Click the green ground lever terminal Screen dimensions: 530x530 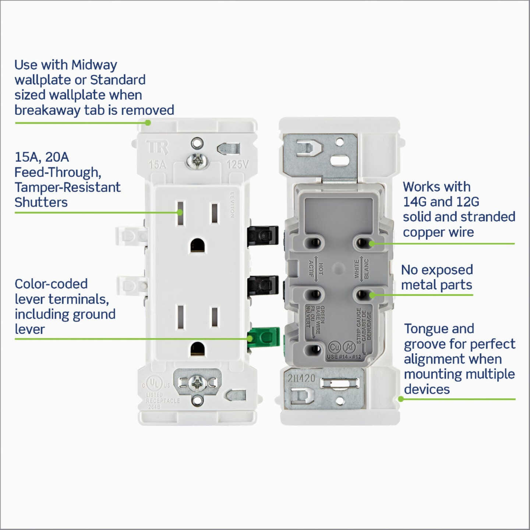(x=264, y=337)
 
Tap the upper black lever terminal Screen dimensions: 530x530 (x=263, y=236)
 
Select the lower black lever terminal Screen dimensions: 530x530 (x=263, y=286)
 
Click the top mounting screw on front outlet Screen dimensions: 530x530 (x=197, y=161)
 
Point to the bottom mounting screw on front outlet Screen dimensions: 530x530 (x=197, y=384)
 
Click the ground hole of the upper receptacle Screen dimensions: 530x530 (x=198, y=245)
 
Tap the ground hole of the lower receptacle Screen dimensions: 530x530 (x=198, y=349)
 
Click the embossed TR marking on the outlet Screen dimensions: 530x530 (x=158, y=148)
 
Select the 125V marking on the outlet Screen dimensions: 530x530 (x=237, y=164)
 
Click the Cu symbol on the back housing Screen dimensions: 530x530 (x=334, y=347)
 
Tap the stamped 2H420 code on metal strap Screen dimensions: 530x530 (x=301, y=378)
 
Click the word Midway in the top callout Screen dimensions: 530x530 (x=94, y=65)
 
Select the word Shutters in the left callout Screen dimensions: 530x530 (x=41, y=202)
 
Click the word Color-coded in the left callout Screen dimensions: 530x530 (x=51, y=284)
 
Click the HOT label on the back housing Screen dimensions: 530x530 (x=321, y=269)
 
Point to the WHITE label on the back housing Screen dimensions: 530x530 (x=356, y=269)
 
